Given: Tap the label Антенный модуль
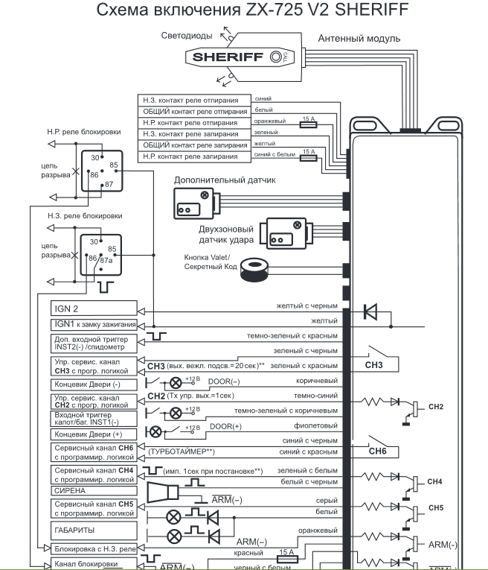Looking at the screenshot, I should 359,38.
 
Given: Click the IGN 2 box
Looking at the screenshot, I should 93,308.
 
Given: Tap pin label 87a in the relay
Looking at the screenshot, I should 106,260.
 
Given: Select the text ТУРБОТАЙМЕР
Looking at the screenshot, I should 182,452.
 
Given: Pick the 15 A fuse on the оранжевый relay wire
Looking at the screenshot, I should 310,126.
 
